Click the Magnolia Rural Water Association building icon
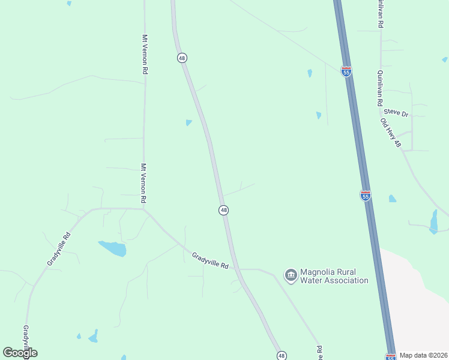click(x=291, y=275)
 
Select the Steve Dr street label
click(x=396, y=112)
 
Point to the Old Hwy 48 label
click(x=390, y=133)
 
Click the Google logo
click(x=20, y=353)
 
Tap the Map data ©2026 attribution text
click(x=423, y=355)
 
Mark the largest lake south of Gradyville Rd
click(x=113, y=248)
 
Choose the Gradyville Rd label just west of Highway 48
click(x=211, y=261)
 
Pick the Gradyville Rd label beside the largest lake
click(x=58, y=249)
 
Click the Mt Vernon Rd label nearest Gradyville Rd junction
click(x=144, y=183)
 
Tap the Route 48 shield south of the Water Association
click(x=282, y=356)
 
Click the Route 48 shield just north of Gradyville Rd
click(x=223, y=210)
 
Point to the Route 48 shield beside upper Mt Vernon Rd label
click(x=182, y=58)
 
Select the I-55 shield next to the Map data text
click(x=391, y=357)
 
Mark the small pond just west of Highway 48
click(x=189, y=123)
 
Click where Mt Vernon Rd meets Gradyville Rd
click(x=144, y=209)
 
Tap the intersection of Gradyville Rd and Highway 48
click(x=238, y=269)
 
